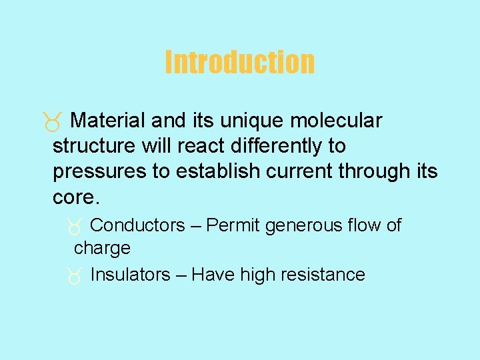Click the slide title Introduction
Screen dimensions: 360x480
click(239, 62)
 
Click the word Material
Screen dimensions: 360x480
click(107, 121)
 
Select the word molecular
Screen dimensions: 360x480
click(340, 121)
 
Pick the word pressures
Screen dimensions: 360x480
click(99, 172)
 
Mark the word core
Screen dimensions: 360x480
click(75, 197)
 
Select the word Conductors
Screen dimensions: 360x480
click(137, 225)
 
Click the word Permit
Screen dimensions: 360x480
click(233, 225)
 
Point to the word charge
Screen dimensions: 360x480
click(102, 249)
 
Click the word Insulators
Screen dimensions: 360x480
click(130, 275)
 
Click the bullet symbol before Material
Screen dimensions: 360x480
click(54, 122)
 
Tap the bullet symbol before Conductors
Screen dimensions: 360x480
click(75, 227)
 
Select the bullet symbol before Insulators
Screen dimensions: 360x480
click(75, 276)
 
